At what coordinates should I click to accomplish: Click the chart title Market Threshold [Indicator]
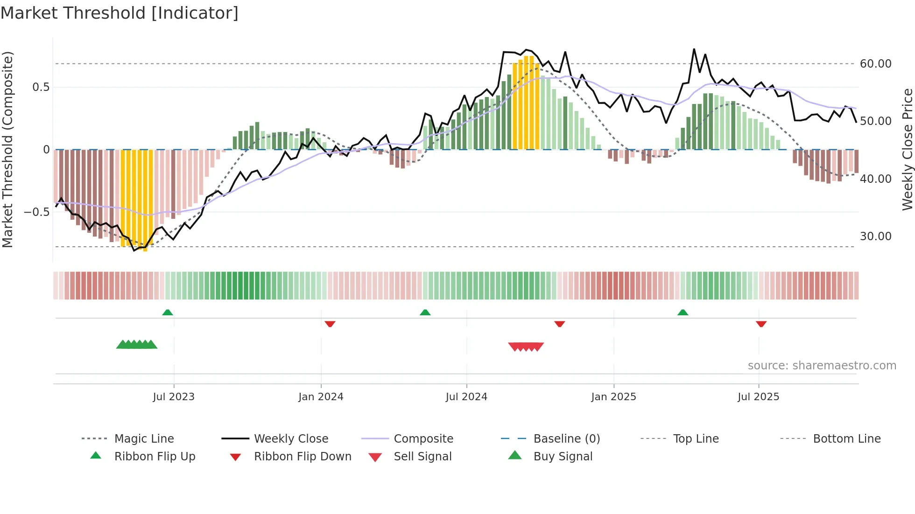pyautogui.click(x=120, y=13)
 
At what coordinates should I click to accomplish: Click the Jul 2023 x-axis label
pyautogui.click(x=174, y=396)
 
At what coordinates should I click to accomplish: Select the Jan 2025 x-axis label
pyautogui.click(x=613, y=396)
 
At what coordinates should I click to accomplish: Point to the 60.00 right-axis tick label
pyautogui.click(x=875, y=63)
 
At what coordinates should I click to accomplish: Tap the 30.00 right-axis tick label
pyautogui.click(x=875, y=236)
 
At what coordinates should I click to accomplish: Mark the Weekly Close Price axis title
pyautogui.click(x=907, y=149)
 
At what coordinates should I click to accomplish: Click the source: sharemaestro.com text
pyautogui.click(x=822, y=365)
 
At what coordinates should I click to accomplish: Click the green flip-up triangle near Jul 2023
pyautogui.click(x=168, y=313)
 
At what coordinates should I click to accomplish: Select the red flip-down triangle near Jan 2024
pyautogui.click(x=330, y=324)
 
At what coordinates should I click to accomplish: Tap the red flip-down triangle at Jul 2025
pyautogui.click(x=761, y=324)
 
